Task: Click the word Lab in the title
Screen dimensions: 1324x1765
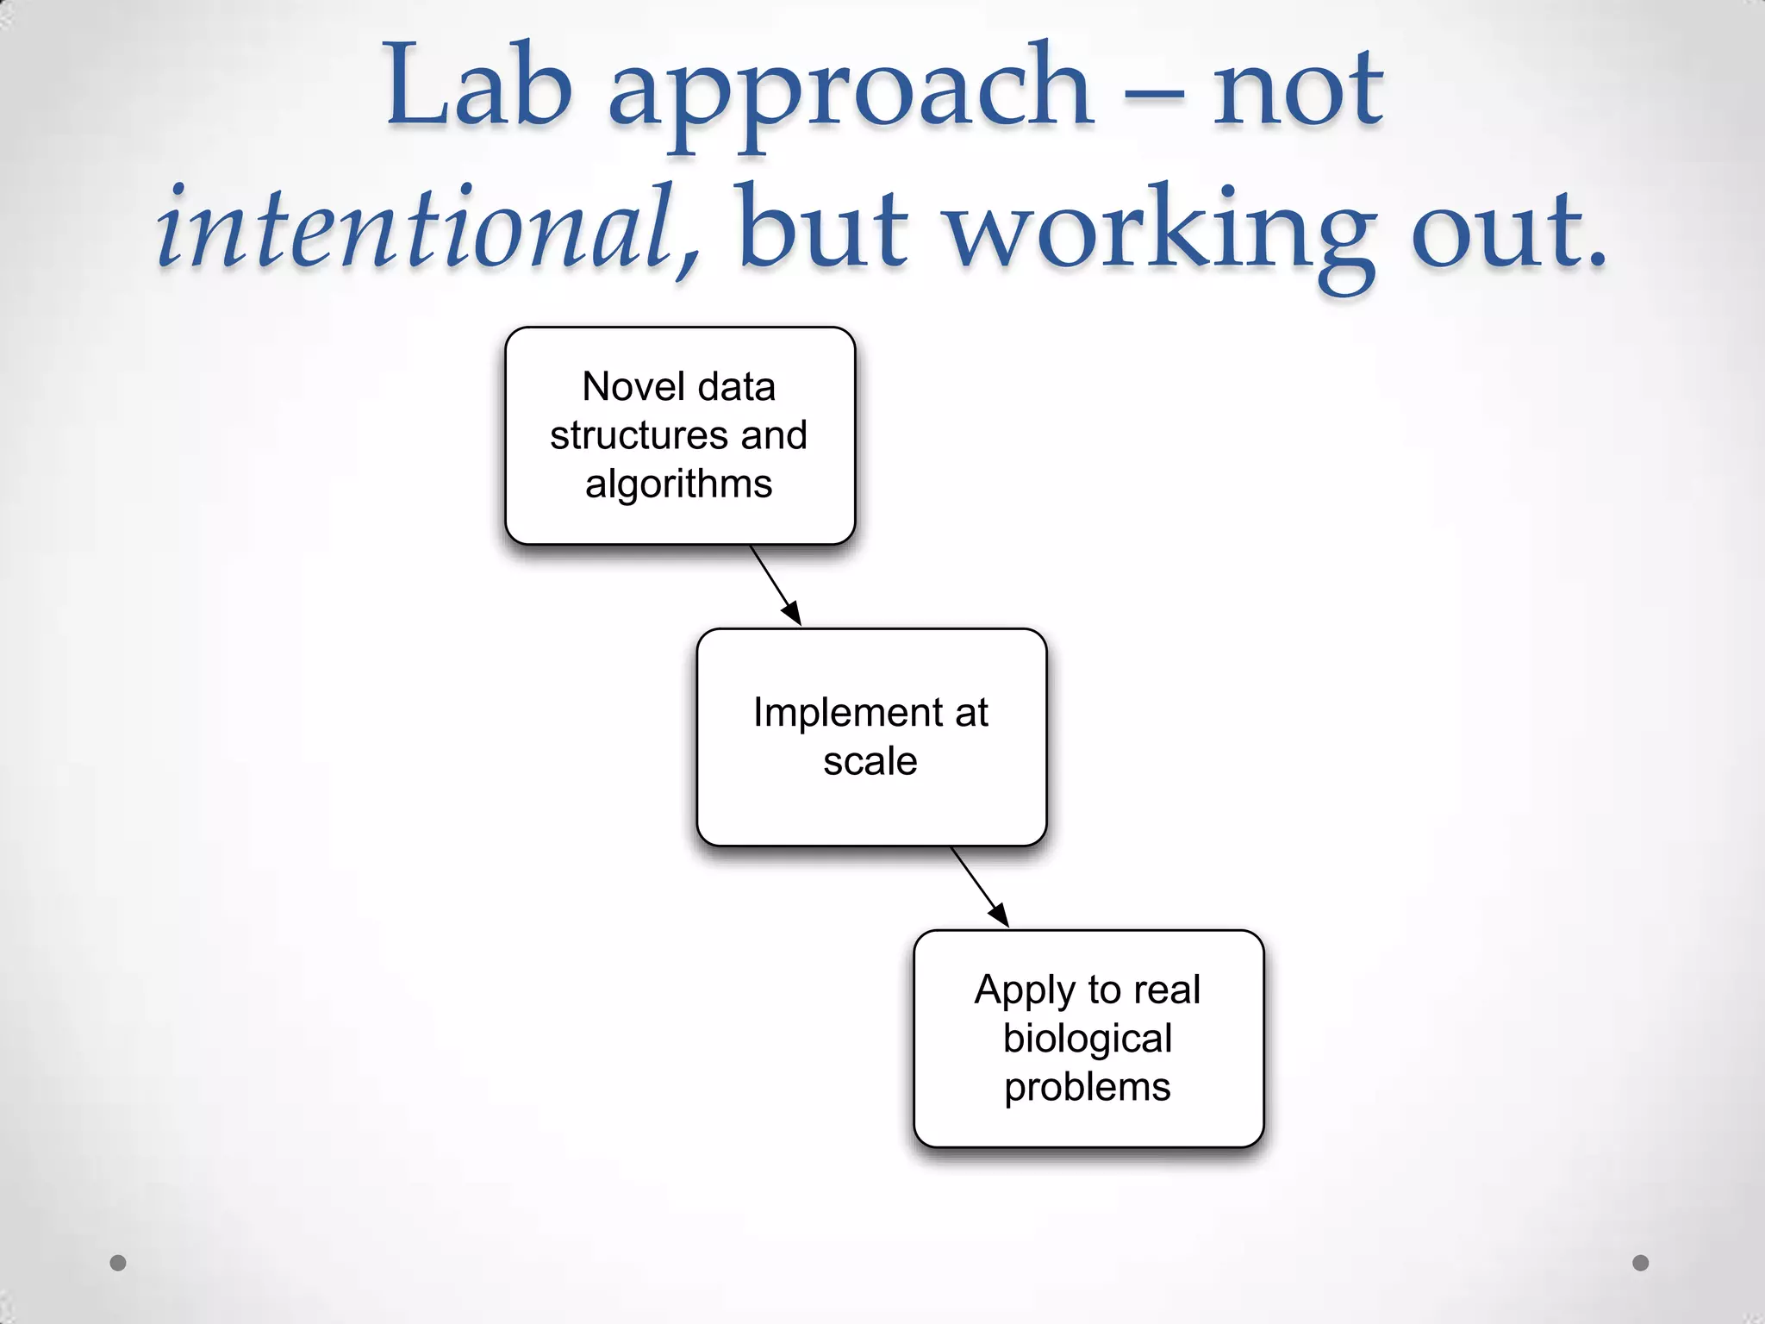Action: click(479, 86)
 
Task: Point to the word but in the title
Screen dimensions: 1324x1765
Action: click(823, 228)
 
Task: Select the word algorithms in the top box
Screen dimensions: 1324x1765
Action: click(679, 484)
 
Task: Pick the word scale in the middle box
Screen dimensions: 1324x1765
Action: click(870, 762)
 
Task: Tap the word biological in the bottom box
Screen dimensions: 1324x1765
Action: click(1088, 1039)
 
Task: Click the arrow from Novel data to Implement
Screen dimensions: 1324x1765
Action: click(776, 586)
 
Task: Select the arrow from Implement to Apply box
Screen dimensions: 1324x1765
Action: click(980, 888)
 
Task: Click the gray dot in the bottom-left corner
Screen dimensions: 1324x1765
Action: click(118, 1263)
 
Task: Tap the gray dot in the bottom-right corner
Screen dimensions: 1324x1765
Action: click(1641, 1263)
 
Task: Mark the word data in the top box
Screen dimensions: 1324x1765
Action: click(737, 387)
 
